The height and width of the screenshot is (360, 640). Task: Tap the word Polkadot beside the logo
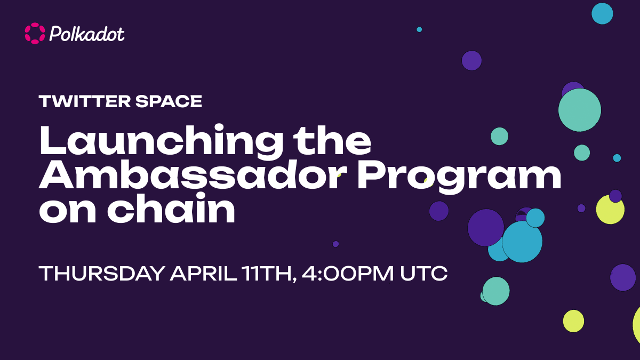(x=87, y=34)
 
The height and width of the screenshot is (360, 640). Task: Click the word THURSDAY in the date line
(x=102, y=274)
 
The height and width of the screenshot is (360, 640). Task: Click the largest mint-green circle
(x=580, y=110)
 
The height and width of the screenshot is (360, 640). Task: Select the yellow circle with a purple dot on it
(x=610, y=209)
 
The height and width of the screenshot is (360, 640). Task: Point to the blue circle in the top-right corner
(x=602, y=13)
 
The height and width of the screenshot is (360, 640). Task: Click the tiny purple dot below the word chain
(x=335, y=244)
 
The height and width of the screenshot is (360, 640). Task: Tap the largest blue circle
(x=522, y=242)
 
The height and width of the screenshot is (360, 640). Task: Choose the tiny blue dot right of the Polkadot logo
(x=419, y=29)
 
